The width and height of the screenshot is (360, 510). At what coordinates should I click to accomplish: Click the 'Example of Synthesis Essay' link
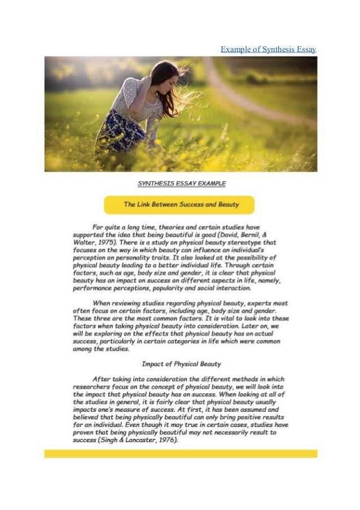(268, 49)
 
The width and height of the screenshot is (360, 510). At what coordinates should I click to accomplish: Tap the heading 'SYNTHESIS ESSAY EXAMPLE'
(182, 184)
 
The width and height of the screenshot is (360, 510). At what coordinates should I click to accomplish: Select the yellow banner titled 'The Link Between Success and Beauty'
(181, 204)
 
